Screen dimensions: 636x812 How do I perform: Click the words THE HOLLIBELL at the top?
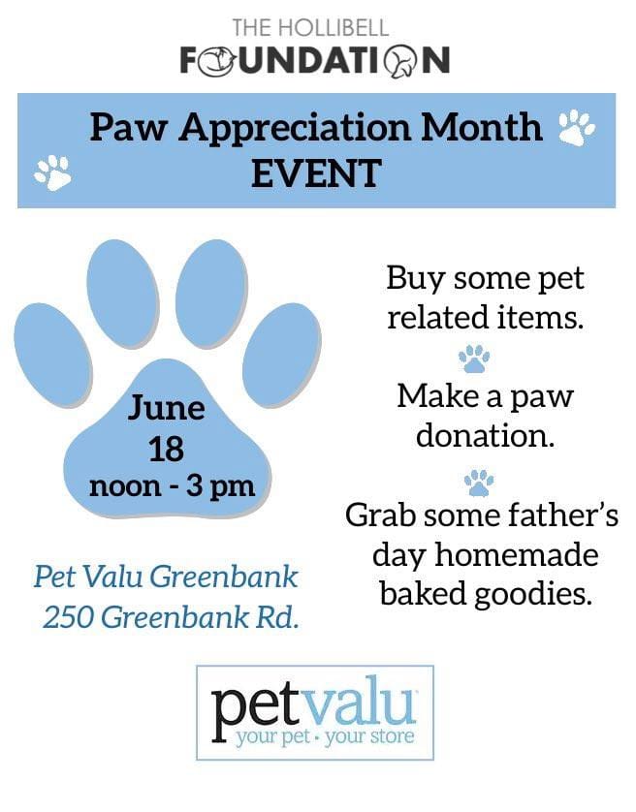[x=310, y=28]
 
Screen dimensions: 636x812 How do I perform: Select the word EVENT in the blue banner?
[x=317, y=173]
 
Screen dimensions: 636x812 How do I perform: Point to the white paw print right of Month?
[x=577, y=127]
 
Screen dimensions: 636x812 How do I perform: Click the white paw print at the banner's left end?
[x=52, y=172]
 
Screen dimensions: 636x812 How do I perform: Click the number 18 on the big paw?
[x=167, y=449]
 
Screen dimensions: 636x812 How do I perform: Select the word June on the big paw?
[x=167, y=408]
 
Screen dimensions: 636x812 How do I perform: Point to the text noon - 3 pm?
[x=172, y=487]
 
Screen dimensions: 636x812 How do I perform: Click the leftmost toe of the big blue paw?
[x=53, y=355]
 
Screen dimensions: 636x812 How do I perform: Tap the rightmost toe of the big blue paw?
[x=282, y=355]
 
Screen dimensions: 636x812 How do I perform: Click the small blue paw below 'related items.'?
[x=474, y=359]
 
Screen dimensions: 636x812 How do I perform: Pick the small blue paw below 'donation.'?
[x=480, y=483]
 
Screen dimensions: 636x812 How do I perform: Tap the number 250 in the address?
[x=69, y=617]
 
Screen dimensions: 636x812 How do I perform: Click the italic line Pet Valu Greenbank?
[x=166, y=577]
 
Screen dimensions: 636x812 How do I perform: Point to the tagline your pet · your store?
[x=325, y=737]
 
